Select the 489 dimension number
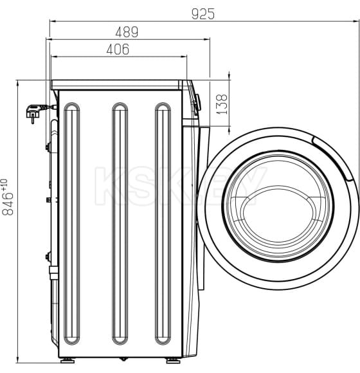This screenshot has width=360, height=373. pos(127,32)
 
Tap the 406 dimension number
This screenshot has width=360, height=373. pos(118,49)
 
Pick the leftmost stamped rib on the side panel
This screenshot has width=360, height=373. pos(71,222)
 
